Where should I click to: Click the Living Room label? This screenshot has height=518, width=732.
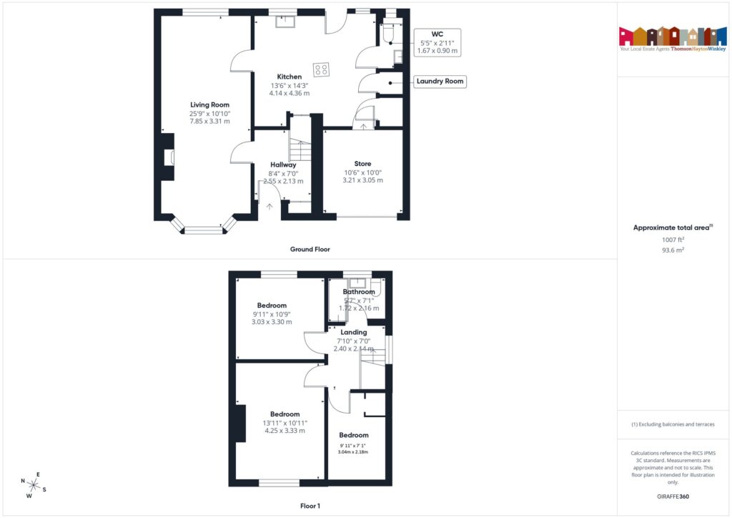(x=209, y=104)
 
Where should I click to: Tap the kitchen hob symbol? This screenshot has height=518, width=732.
(x=321, y=70)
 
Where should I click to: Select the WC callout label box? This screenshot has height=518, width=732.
(x=437, y=43)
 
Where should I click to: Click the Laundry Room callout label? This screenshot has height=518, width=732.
(x=440, y=82)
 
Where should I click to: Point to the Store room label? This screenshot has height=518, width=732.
(x=362, y=164)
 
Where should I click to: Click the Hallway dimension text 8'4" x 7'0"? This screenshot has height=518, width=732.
(x=283, y=173)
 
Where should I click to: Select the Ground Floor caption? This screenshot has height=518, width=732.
(x=310, y=250)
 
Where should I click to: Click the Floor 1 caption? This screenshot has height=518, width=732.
(x=310, y=506)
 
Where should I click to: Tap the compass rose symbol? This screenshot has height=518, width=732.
(x=34, y=485)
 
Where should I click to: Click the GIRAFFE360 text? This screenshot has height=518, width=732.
(x=673, y=497)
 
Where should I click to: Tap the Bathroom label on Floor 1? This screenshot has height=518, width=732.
(x=359, y=292)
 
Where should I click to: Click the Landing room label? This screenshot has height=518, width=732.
(x=354, y=332)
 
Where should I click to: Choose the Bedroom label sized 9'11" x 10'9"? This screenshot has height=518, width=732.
(x=272, y=306)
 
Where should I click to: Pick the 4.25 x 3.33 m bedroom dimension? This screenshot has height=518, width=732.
(x=285, y=431)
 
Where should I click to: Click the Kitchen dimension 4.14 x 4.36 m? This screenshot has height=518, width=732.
(x=290, y=93)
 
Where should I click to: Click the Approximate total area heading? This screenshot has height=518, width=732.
(x=671, y=228)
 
